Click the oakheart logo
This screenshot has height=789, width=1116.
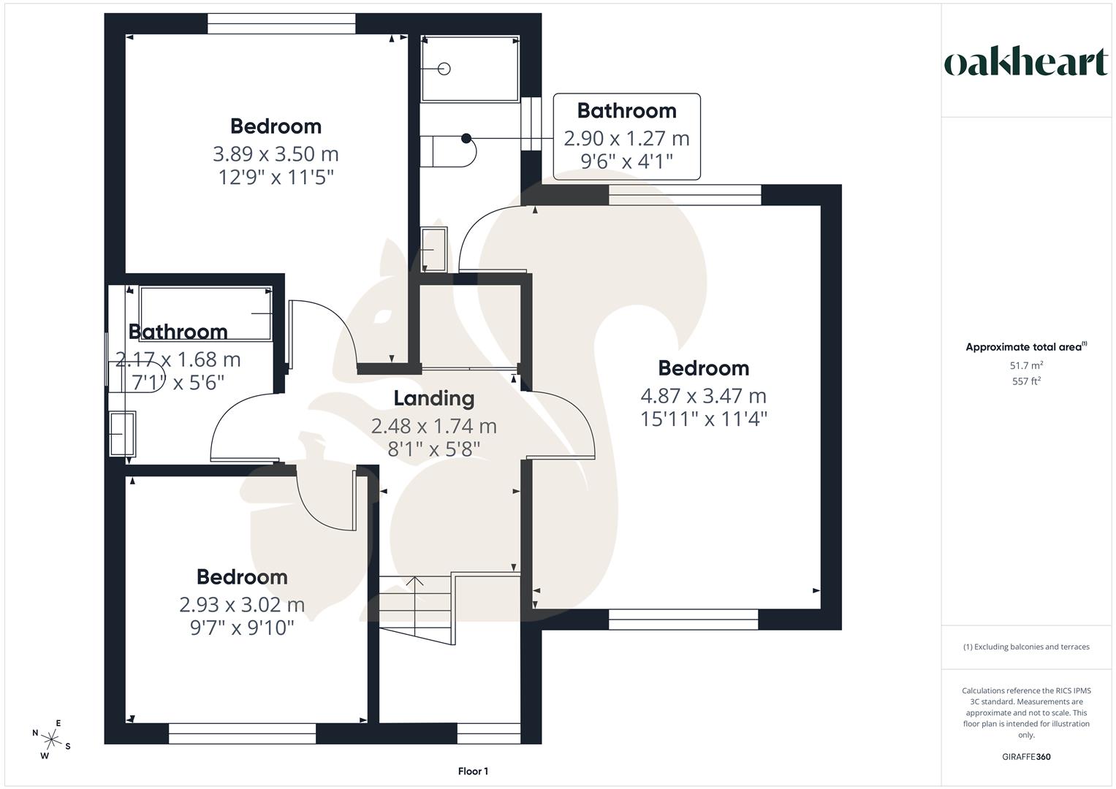[x=1025, y=63]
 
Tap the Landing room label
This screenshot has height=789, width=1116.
[x=433, y=398]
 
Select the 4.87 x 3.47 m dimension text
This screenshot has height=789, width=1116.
[x=703, y=396]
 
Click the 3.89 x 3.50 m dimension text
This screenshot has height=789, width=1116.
[x=276, y=154]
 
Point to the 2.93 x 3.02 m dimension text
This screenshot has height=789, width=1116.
[x=242, y=605]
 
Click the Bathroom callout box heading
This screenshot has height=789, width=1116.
[x=626, y=111]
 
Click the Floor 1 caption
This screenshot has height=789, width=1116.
[x=473, y=771]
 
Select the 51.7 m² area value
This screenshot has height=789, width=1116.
[x=1025, y=365]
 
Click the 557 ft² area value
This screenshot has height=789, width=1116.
[x=1025, y=381]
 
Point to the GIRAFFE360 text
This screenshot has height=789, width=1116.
[x=1025, y=757]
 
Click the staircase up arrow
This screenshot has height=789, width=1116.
[x=414, y=582]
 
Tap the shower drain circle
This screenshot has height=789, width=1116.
[x=444, y=69]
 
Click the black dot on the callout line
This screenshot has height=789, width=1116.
[x=466, y=137]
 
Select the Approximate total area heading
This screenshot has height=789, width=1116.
[x=1025, y=347]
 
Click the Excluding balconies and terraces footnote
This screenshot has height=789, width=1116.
[x=1025, y=647]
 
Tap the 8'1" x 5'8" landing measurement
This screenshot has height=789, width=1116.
[x=433, y=449]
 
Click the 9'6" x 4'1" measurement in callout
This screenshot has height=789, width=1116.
[x=626, y=161]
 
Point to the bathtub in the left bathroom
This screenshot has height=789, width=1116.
[x=205, y=313]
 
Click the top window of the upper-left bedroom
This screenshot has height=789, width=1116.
[x=281, y=24]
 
